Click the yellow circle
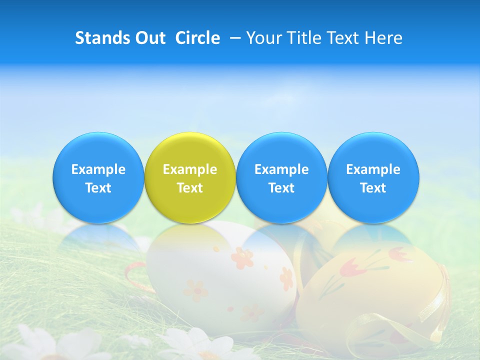click(190, 177)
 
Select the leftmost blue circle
click(98, 177)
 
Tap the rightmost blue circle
click(373, 177)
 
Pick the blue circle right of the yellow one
click(281, 177)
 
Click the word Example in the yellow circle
click(190, 169)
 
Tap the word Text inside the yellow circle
click(190, 188)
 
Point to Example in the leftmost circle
click(98, 169)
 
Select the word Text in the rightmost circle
click(373, 188)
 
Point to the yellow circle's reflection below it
click(190, 235)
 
